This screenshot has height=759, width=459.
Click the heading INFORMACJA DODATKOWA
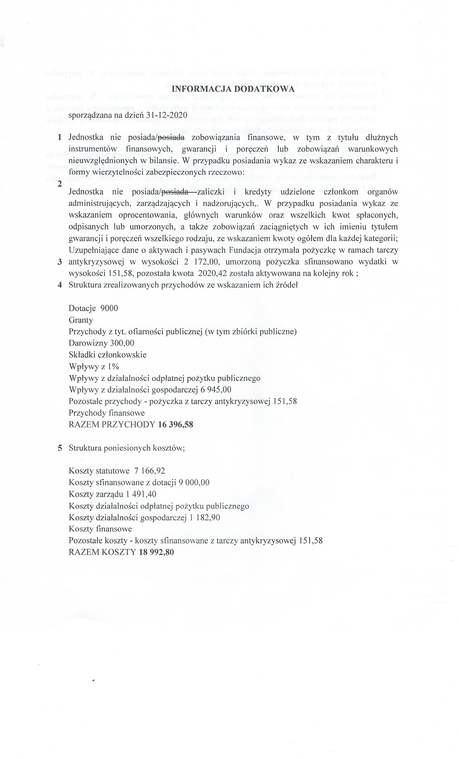click(233, 89)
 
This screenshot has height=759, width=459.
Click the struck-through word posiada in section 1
click(171, 137)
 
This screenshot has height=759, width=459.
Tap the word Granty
click(81, 320)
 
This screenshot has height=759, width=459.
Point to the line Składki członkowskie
click(107, 355)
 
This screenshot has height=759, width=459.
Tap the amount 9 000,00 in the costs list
click(194, 483)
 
